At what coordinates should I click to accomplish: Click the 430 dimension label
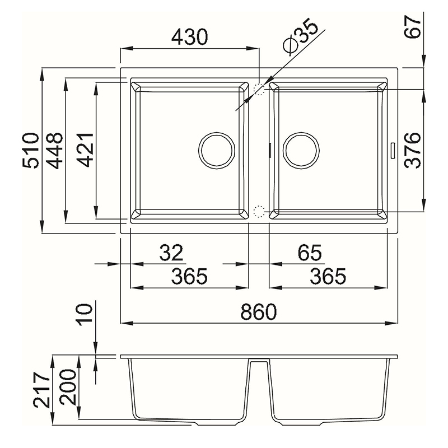[189, 37]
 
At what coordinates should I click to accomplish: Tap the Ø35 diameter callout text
[300, 37]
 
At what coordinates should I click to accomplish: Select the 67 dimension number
[413, 27]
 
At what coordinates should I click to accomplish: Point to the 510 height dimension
[31, 150]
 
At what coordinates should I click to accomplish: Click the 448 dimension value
[54, 151]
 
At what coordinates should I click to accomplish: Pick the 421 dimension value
[86, 150]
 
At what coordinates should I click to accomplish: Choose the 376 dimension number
[413, 150]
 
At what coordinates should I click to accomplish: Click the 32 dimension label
[171, 253]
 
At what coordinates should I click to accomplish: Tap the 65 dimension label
[310, 253]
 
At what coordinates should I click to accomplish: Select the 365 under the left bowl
[189, 276]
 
